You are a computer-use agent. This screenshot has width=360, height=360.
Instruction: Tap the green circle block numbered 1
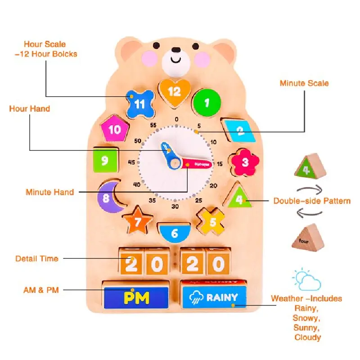tap(207, 103)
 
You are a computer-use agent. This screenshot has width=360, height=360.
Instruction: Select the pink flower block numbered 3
tap(245, 161)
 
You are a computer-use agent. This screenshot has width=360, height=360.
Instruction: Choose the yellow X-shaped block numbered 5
tap(212, 220)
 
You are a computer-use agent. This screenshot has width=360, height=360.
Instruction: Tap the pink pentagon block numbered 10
tap(115, 130)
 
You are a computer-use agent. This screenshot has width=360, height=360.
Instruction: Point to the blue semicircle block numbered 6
tap(175, 233)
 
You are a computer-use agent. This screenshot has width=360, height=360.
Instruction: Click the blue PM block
tap(136, 297)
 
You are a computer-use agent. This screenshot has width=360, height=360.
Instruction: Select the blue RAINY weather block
tap(215, 297)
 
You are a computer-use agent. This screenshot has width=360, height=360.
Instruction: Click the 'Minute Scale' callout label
tap(304, 83)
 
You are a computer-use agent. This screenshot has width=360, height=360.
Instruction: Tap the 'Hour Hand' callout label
tap(30, 108)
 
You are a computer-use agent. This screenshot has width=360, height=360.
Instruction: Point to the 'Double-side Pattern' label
tap(312, 201)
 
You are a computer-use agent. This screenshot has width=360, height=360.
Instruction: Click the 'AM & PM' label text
tap(41, 290)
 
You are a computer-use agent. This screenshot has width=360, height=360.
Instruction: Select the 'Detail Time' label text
tap(37, 258)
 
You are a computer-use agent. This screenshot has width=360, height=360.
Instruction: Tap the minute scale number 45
tap(132, 162)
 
